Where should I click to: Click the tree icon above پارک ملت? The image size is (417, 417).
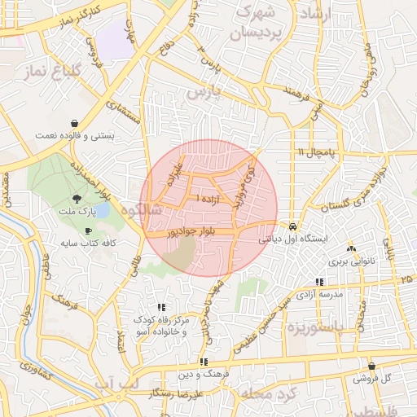point(77,198)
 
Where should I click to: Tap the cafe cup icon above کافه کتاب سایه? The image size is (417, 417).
point(88,231)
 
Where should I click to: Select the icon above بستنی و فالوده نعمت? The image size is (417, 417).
point(74,122)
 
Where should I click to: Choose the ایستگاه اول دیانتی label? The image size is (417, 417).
point(292,239)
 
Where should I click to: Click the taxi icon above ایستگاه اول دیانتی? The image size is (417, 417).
point(292,226)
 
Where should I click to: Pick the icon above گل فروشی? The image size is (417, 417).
point(372,367)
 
